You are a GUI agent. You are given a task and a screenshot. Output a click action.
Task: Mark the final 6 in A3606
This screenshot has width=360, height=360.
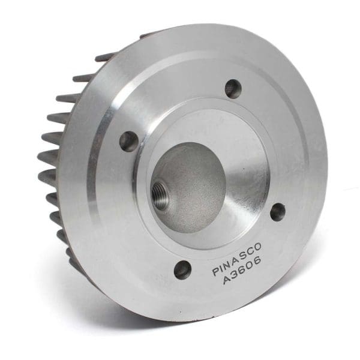coord(257,268)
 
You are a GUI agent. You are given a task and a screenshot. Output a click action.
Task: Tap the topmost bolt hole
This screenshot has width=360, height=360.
coord(233,89)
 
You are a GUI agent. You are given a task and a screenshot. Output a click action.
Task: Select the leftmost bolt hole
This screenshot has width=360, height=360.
coord(128,142)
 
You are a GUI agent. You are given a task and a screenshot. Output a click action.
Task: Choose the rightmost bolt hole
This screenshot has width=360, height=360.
coord(278,211)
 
